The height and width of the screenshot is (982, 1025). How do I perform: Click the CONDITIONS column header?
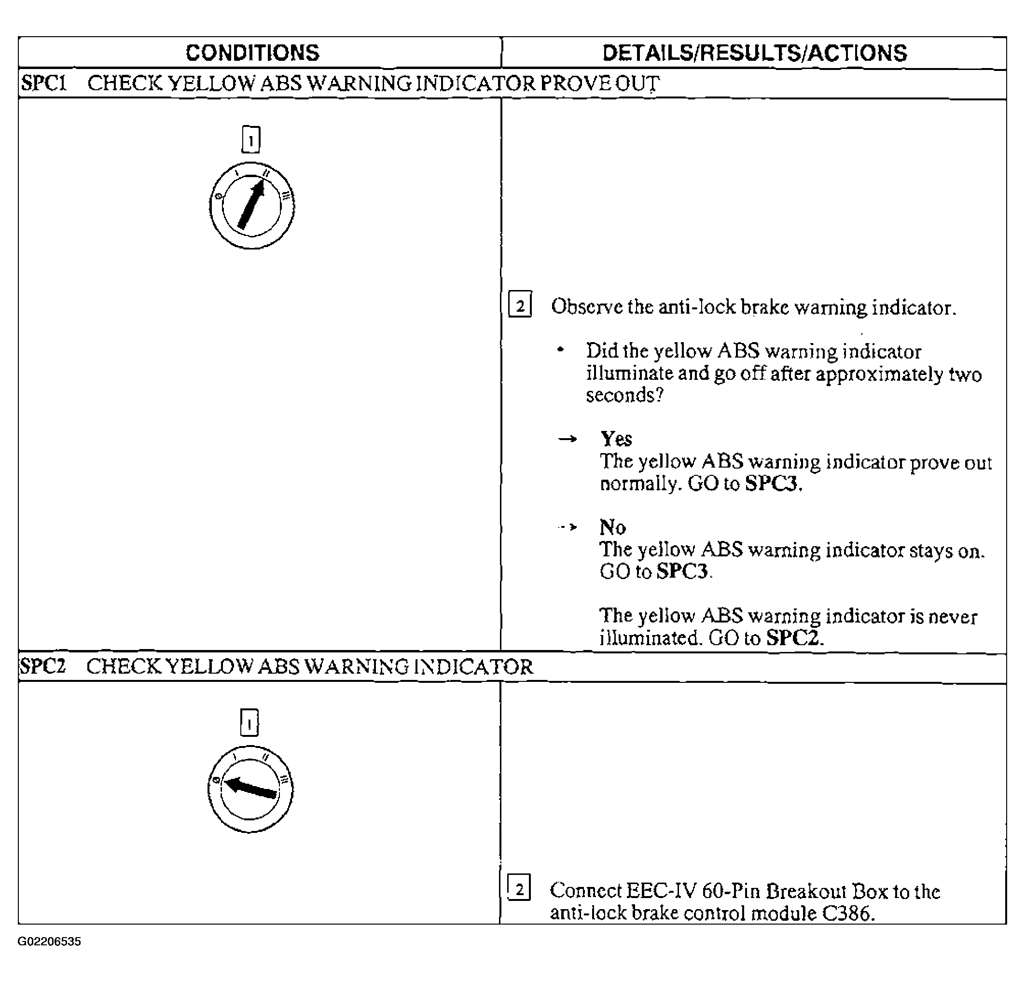pos(252,53)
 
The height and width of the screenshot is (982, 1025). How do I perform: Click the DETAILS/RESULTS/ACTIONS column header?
pos(754,53)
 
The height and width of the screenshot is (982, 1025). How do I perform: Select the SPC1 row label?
pos(44,83)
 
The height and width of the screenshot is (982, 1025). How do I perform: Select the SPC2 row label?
pos(43,666)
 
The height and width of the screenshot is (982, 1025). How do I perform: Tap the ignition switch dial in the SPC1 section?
pos(251,206)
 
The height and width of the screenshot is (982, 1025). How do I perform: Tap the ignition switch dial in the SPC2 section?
pos(250,789)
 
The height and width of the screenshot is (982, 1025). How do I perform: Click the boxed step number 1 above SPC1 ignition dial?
pos(251,139)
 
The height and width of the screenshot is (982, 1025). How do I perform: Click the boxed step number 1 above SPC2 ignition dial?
pos(249,723)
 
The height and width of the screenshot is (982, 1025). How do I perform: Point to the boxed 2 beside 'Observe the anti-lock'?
pos(520,305)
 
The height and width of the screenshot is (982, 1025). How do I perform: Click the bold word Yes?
pos(616,438)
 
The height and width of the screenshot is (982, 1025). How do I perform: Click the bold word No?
pos(612,526)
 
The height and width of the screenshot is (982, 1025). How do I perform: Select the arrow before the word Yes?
pos(568,439)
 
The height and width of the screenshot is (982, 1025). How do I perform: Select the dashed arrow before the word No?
pos(568,527)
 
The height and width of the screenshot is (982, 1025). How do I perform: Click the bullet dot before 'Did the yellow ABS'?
pos(561,349)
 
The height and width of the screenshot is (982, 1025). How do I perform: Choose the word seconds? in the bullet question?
pos(624,395)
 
